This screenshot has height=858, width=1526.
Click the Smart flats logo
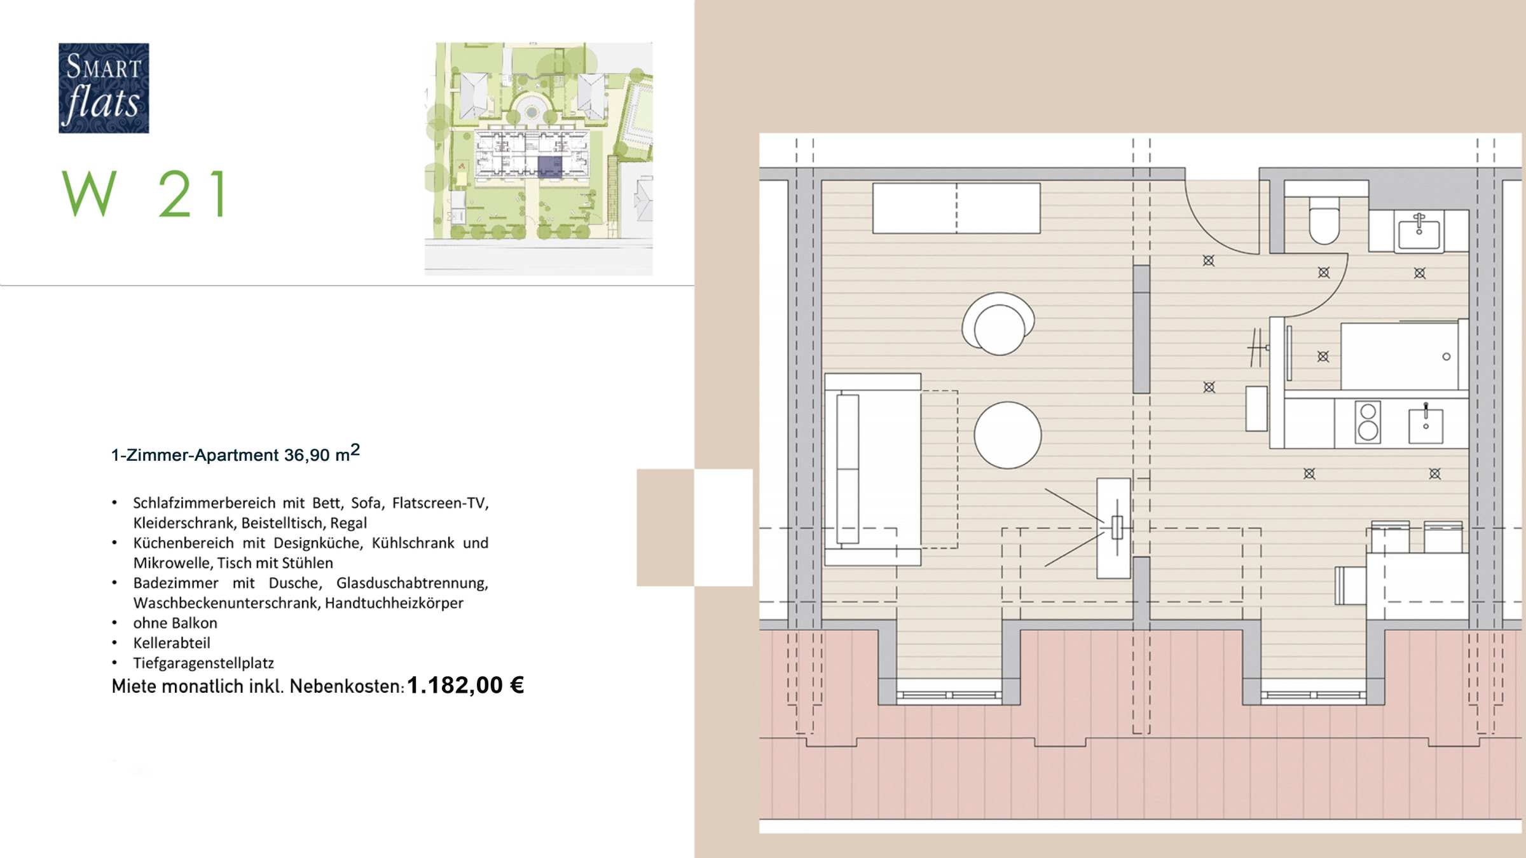click(104, 88)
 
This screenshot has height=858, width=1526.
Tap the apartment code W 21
click(145, 194)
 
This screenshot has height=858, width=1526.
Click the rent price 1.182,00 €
click(465, 685)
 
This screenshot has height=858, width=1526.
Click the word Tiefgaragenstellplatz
click(203, 663)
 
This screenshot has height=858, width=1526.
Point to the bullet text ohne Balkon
click(175, 623)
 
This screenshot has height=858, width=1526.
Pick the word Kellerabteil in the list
click(172, 643)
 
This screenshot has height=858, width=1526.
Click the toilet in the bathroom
click(1324, 221)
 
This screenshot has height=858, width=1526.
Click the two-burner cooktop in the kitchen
click(1368, 421)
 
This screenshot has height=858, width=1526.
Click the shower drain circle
click(1447, 357)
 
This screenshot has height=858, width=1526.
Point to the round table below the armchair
click(1008, 435)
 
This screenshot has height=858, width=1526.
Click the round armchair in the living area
click(998, 324)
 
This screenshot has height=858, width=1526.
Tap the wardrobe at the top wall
click(956, 208)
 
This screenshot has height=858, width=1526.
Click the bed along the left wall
click(872, 469)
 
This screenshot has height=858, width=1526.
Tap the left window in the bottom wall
click(949, 695)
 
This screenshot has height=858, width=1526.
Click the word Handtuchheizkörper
click(394, 603)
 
